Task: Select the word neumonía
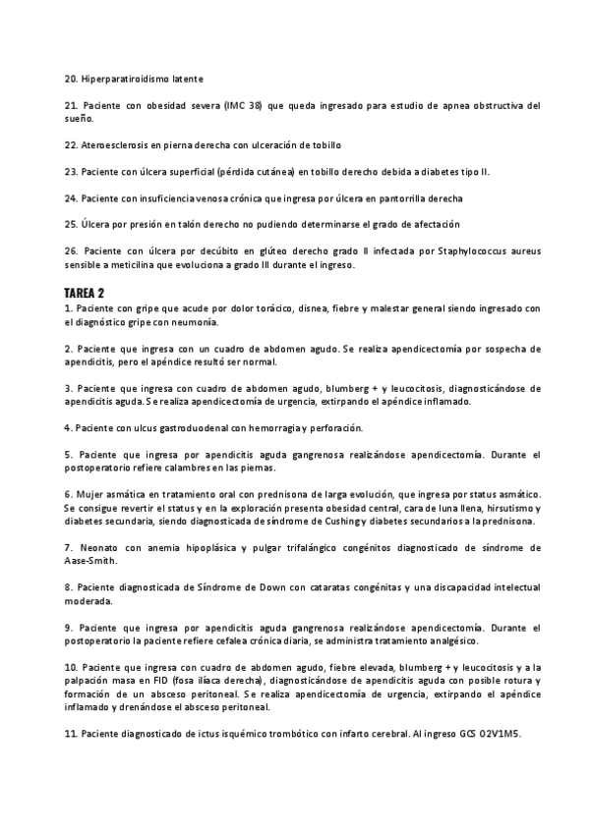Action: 197,321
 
